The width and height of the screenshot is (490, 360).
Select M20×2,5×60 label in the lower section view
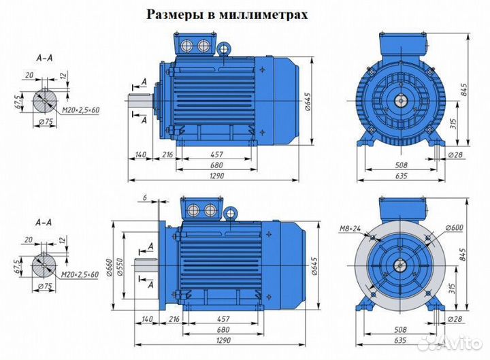[x=78, y=274]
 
